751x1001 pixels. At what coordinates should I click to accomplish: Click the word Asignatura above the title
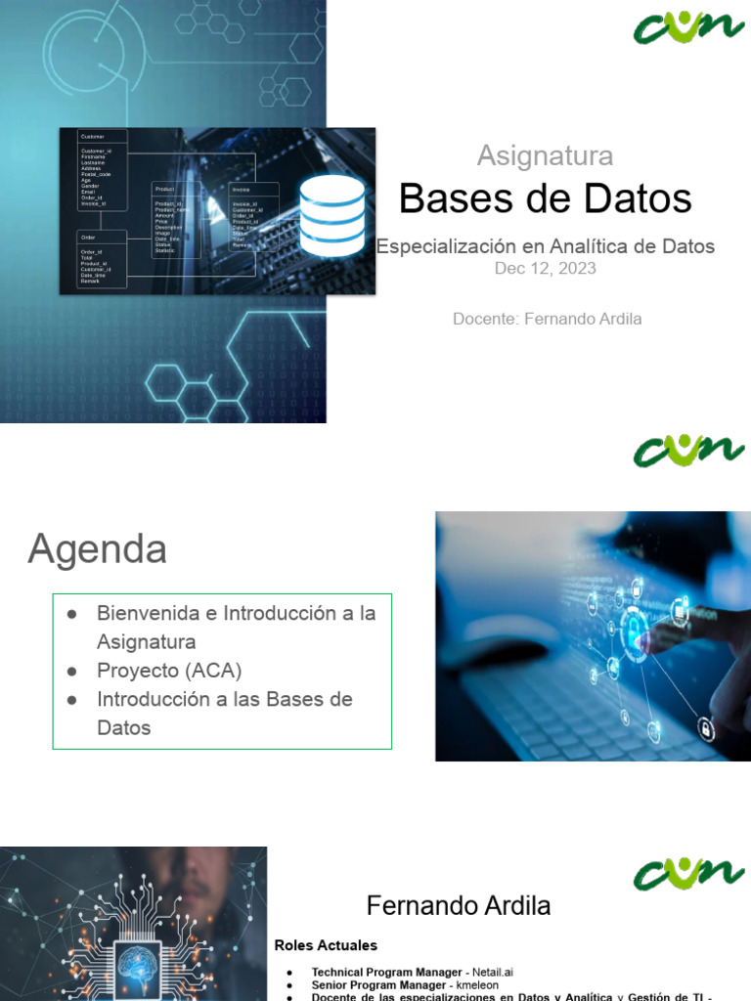tap(545, 155)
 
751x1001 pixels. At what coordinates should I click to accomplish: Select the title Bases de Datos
tap(545, 199)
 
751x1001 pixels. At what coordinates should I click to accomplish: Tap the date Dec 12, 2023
tap(545, 269)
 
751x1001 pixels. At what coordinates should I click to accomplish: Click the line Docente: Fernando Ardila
tap(547, 319)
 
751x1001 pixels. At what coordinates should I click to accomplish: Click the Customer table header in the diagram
tap(93, 136)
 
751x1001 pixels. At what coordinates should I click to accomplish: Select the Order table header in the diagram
tap(89, 238)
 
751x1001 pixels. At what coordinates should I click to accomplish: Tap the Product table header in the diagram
tap(164, 189)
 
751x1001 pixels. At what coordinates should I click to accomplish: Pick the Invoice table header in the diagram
tap(242, 189)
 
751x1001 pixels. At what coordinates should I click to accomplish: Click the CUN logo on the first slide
tap(687, 26)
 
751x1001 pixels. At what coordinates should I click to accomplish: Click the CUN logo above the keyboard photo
tap(687, 451)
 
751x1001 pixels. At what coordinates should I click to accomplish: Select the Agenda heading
tap(97, 549)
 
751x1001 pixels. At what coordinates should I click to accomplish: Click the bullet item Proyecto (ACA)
tap(168, 671)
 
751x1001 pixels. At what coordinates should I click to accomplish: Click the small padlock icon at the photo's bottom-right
tap(704, 728)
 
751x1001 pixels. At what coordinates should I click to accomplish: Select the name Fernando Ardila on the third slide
tap(458, 906)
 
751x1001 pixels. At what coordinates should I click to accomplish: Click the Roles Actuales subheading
tap(326, 945)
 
